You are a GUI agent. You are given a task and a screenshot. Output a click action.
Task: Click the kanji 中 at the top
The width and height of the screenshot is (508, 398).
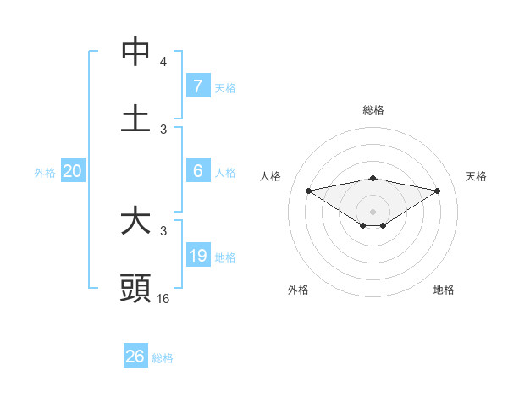pos(135,52)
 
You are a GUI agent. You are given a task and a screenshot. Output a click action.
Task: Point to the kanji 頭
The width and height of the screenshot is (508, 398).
pos(135,289)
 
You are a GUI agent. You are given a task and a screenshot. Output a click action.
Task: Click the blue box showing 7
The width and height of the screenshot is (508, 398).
pos(197,86)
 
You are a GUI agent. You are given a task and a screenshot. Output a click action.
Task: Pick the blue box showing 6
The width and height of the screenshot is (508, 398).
pos(197,171)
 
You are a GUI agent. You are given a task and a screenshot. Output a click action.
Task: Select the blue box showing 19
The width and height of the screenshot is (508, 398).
pos(197,256)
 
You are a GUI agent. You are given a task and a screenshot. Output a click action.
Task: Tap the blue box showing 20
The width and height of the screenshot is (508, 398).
pos(72,171)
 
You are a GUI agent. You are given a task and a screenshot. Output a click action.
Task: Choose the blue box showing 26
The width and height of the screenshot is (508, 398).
pos(135,357)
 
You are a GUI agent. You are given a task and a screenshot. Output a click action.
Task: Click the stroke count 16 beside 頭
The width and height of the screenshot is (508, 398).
pos(163,298)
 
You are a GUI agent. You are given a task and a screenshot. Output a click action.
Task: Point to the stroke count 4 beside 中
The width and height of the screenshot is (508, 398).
pos(163,62)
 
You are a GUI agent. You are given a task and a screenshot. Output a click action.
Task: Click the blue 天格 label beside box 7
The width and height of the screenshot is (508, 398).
pos(225,87)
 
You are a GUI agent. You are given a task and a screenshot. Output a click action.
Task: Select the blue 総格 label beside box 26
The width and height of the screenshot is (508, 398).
pos(163,357)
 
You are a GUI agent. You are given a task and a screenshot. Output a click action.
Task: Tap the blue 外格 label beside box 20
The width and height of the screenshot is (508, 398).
pos(45,172)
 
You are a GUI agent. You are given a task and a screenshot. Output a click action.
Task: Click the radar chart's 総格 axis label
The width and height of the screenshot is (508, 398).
pos(373,110)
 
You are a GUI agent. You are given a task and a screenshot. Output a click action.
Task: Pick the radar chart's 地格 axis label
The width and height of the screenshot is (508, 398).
pos(444,290)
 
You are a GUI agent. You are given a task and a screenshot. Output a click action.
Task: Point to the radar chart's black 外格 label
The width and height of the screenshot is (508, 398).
pos(298,290)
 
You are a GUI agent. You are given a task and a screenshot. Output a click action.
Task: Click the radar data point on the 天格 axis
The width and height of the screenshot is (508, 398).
pos(438,191)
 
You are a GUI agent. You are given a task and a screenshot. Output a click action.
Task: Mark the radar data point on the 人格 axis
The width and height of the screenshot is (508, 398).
pos(308,190)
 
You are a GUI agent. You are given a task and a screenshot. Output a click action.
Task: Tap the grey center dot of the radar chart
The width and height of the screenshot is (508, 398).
pos(373,211)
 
